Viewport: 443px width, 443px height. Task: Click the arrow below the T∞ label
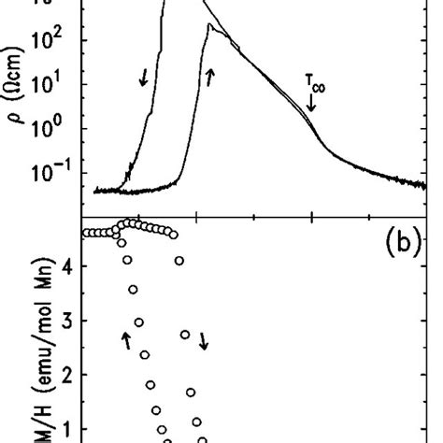(x=312, y=104)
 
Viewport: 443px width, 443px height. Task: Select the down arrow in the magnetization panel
(x=204, y=343)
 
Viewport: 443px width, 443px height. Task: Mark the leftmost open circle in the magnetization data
(x=86, y=233)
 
